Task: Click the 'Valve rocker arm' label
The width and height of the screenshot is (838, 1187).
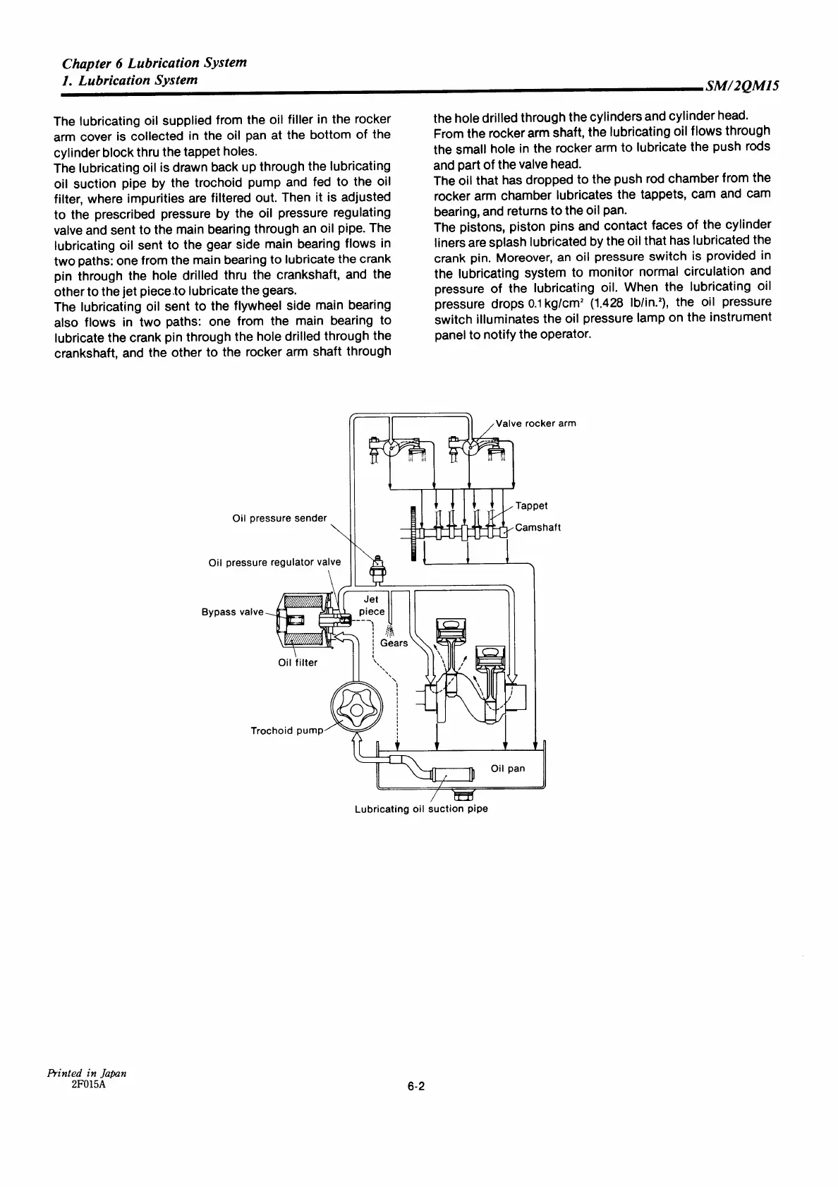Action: tap(536, 423)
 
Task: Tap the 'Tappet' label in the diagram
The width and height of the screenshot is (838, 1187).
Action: tap(531, 505)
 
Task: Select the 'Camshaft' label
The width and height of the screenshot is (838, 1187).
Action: tap(538, 527)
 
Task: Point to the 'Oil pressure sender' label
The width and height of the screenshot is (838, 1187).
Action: tap(279, 518)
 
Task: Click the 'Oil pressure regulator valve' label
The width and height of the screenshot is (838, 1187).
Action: tap(274, 562)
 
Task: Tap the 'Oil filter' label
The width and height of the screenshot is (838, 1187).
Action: tap(298, 663)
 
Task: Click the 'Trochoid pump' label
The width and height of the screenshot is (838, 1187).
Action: tap(286, 730)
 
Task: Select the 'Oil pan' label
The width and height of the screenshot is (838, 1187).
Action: tap(508, 768)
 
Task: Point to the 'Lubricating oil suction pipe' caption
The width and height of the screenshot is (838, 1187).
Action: tap(421, 809)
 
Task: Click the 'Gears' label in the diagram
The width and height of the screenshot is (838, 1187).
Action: tap(394, 643)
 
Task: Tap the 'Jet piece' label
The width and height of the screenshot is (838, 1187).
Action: tap(372, 605)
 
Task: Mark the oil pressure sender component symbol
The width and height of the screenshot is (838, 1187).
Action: tap(377, 567)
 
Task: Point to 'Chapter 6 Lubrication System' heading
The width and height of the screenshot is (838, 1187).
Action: tap(154, 62)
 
